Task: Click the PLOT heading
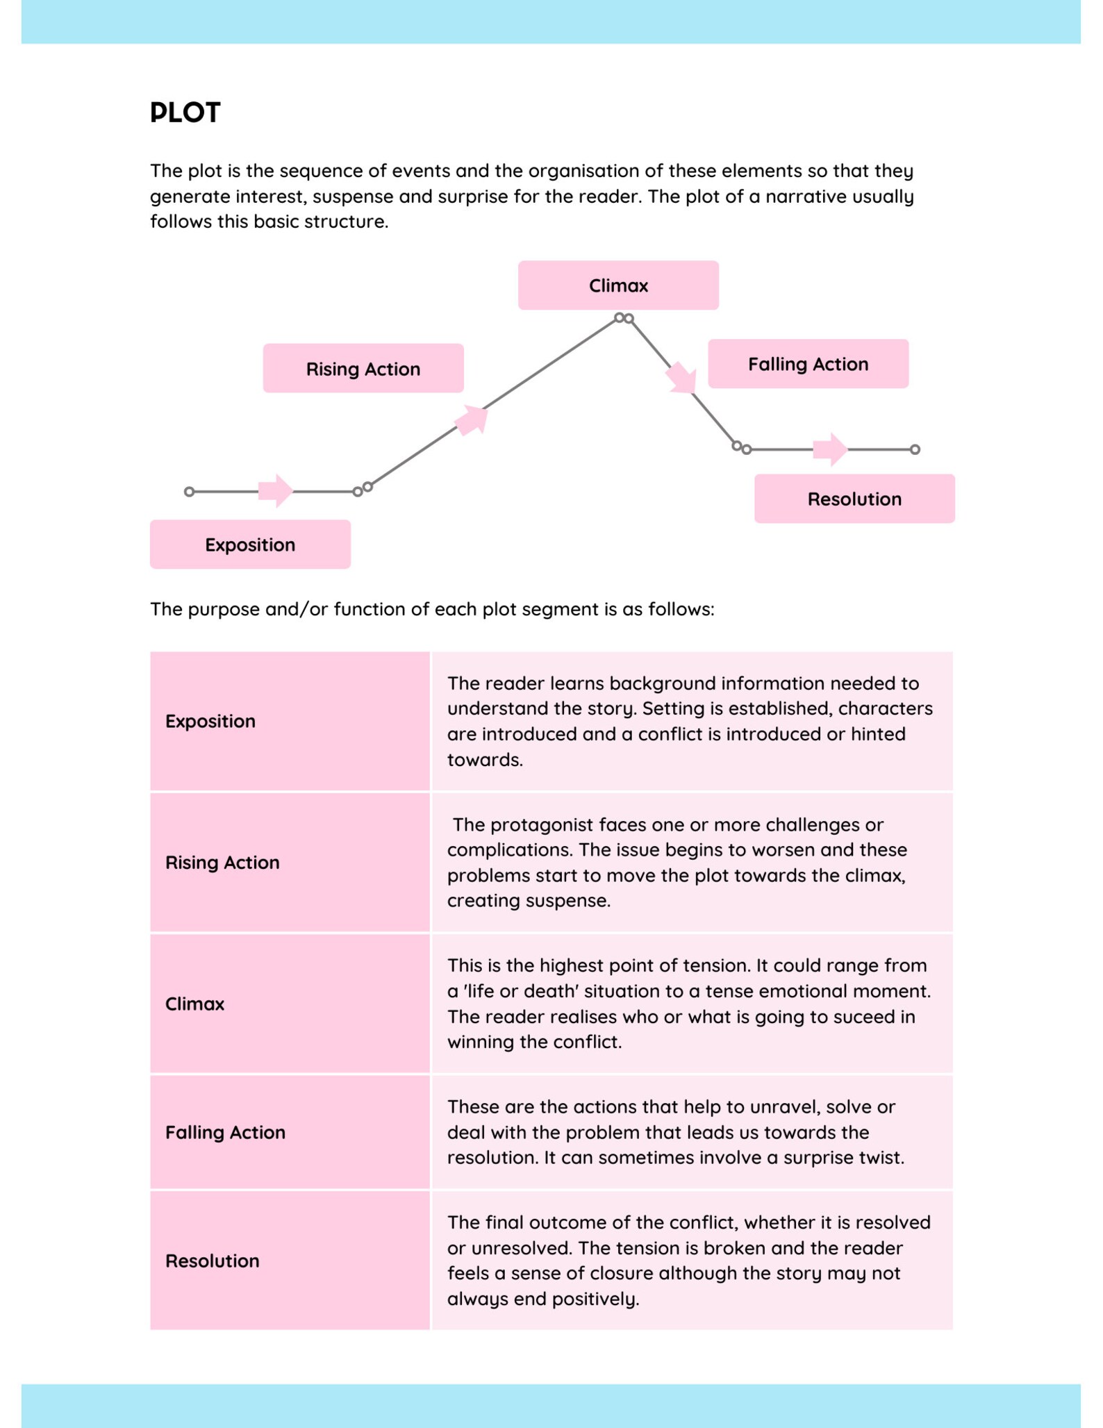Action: pos(185,113)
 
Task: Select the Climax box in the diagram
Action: pos(617,285)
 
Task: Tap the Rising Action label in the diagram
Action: pos(363,369)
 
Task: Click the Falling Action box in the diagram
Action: pos(807,364)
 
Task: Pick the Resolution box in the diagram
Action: pos(854,499)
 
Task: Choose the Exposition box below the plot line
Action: pos(250,545)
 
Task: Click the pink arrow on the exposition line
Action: pos(276,491)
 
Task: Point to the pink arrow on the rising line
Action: pos(472,420)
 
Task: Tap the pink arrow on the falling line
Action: pos(681,378)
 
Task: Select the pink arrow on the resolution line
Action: pos(830,449)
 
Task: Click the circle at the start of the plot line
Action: pos(189,492)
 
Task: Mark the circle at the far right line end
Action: pos(915,449)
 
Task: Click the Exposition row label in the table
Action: pos(210,721)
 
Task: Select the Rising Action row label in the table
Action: pos(222,863)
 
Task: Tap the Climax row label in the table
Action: pos(194,1004)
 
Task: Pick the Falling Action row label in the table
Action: pos(225,1132)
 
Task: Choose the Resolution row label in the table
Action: pos(212,1261)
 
